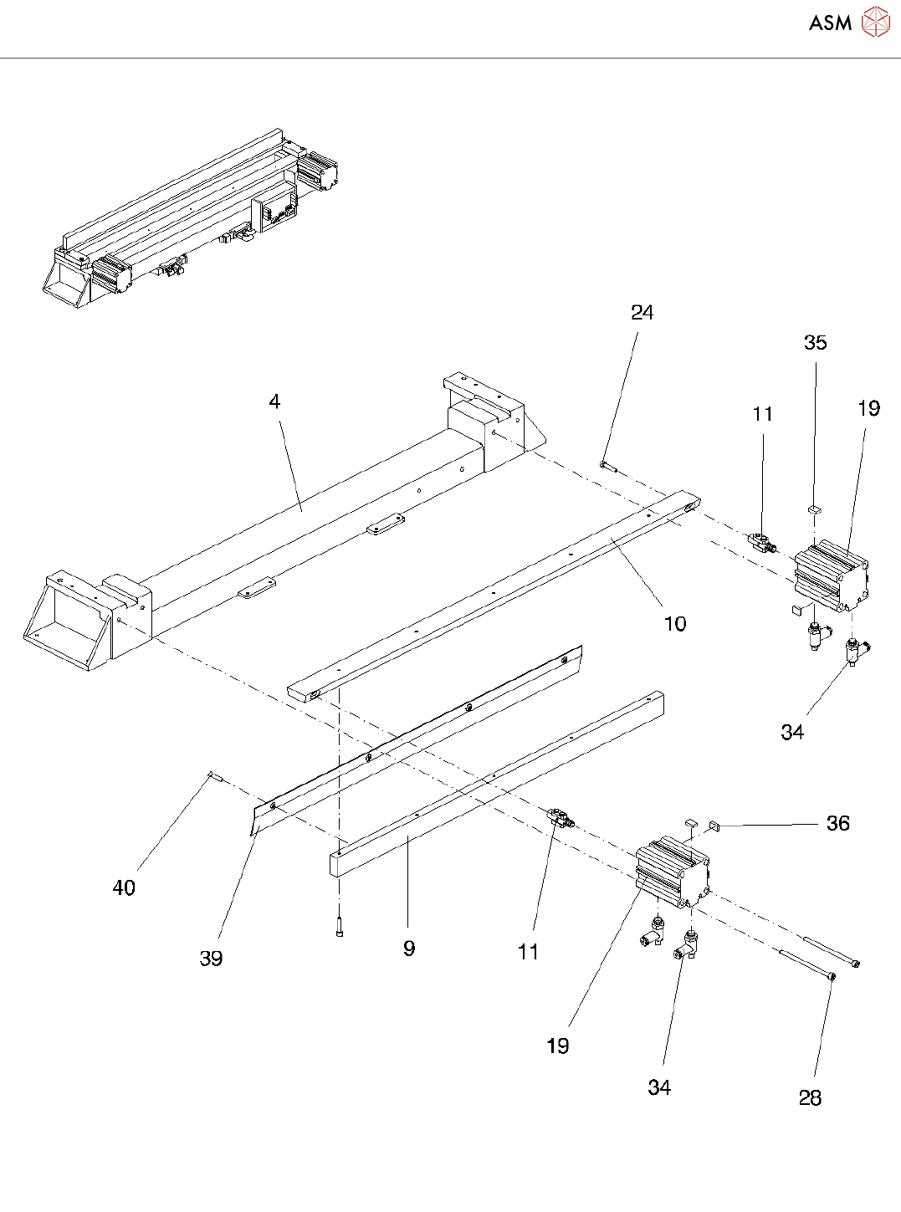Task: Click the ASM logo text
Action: click(x=830, y=23)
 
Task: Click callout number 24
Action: click(x=642, y=312)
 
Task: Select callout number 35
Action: click(x=815, y=342)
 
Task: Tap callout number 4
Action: click(x=274, y=401)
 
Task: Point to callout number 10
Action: click(x=674, y=623)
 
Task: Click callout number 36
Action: click(x=837, y=823)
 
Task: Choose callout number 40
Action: click(x=124, y=887)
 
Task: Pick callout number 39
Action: click(x=211, y=958)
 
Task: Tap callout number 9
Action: click(x=408, y=948)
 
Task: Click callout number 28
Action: click(x=810, y=1097)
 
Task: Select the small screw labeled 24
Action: click(x=607, y=466)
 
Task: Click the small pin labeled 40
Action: click(x=213, y=776)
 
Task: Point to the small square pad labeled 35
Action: click(x=816, y=508)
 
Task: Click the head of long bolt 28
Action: click(x=831, y=975)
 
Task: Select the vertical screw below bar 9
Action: click(x=339, y=927)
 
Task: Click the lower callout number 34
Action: click(x=658, y=1087)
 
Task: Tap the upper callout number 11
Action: click(x=762, y=414)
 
